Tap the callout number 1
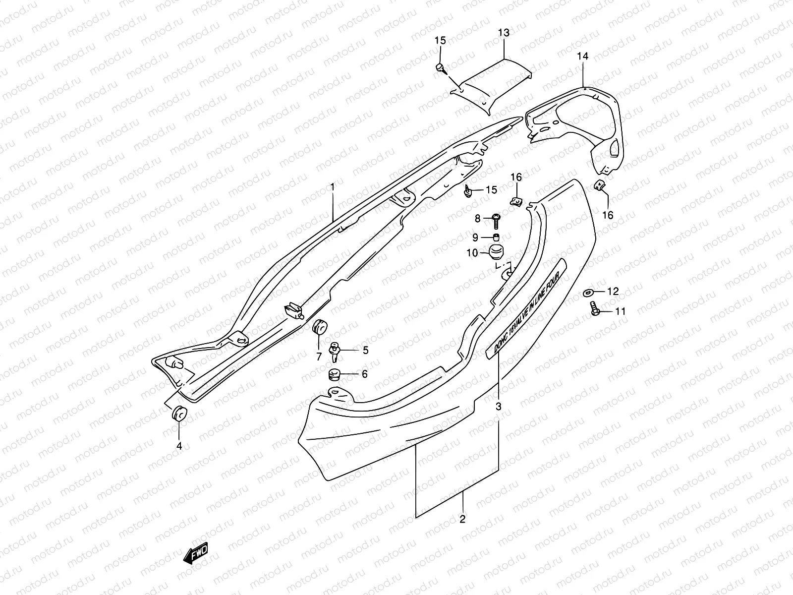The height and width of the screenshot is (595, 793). point(333,187)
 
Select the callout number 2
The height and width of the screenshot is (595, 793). point(462,520)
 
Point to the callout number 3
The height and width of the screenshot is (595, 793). point(499,406)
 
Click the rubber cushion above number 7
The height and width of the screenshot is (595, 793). point(320,328)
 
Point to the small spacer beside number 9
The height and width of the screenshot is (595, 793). point(496,237)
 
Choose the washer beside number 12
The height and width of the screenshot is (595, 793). point(591,292)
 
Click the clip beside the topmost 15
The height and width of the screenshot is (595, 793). point(440,68)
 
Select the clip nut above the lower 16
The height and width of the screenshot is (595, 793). point(599,185)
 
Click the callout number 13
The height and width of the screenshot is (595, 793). point(504,33)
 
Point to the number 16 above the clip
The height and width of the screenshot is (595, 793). point(516,178)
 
